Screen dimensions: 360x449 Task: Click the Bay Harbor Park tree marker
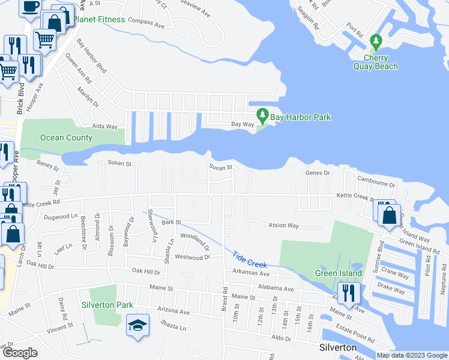(x=262, y=114)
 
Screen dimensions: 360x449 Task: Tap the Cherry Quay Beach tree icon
(x=376, y=42)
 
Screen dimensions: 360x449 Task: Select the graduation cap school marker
(x=137, y=326)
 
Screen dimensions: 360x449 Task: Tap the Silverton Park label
(x=107, y=305)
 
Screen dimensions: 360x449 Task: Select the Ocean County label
(x=66, y=137)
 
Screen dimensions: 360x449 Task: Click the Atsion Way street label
(x=285, y=226)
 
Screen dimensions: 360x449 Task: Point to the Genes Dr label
(x=318, y=173)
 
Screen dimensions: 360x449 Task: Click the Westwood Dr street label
(x=192, y=257)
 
